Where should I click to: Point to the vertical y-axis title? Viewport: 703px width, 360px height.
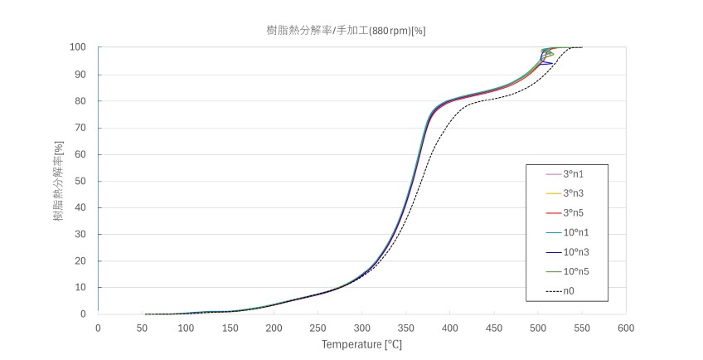pos(59,181)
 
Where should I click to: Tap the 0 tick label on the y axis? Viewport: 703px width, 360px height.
pos(83,314)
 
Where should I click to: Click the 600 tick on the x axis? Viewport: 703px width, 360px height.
pos(626,327)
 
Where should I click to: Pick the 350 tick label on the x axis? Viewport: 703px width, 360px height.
pos(405,327)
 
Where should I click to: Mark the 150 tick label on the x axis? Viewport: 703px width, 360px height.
pos(230,327)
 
